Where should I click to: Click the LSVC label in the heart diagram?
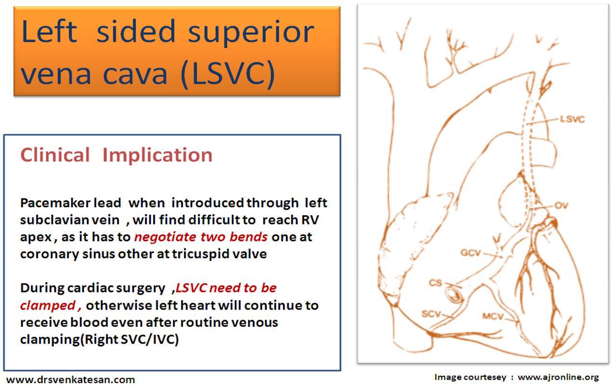(572, 119)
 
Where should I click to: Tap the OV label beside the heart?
(561, 205)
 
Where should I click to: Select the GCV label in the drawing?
(471, 252)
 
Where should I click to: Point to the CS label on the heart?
(436, 283)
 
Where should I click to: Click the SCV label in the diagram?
(431, 314)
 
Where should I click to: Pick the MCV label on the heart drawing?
(493, 316)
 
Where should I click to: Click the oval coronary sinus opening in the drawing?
(454, 295)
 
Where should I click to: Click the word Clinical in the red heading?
(55, 155)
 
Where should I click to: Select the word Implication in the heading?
(158, 156)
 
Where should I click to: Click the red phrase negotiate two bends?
(201, 237)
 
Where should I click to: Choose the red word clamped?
(48, 305)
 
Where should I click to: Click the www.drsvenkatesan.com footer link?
(71, 380)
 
